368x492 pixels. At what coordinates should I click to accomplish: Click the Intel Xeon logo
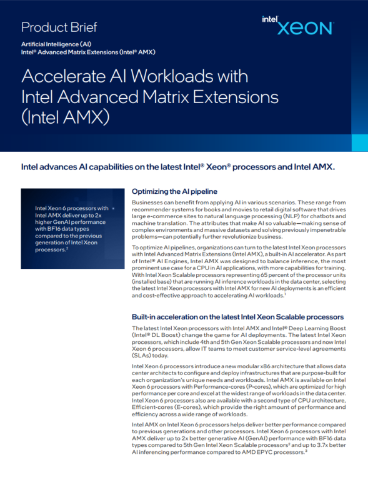(x=297, y=26)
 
